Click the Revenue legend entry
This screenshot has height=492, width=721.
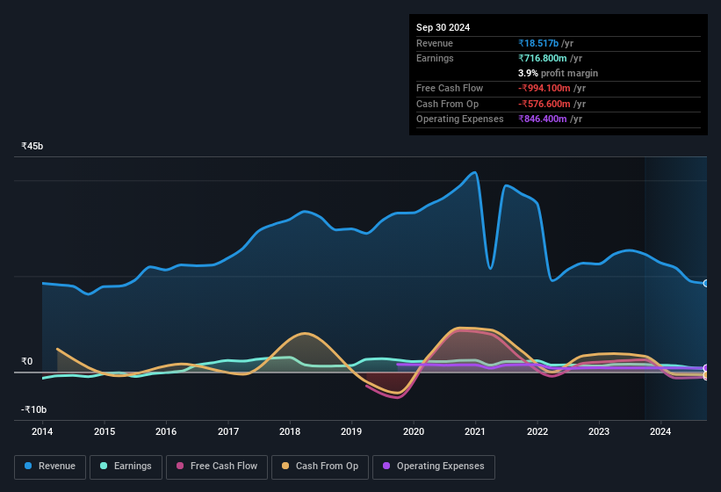pos(50,467)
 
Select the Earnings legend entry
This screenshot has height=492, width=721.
pos(126,467)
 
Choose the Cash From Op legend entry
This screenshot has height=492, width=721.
pos(319,467)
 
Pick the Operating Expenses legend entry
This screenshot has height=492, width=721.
pos(433,467)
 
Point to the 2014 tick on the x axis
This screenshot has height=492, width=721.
pos(42,431)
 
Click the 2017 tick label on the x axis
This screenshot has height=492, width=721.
pos(228,431)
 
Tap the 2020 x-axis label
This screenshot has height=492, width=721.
pos(414,431)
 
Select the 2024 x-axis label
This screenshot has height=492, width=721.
pos(660,431)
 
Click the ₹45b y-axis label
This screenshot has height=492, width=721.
pos(32,146)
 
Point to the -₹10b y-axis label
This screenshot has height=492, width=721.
pos(34,409)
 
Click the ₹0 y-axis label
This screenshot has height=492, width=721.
pos(27,361)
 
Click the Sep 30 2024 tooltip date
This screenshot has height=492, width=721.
pos(443,27)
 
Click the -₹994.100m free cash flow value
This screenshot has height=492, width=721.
pos(551,89)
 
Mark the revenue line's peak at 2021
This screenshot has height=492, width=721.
pos(475,172)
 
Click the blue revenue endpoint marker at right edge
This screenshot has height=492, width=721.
pos(705,284)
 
